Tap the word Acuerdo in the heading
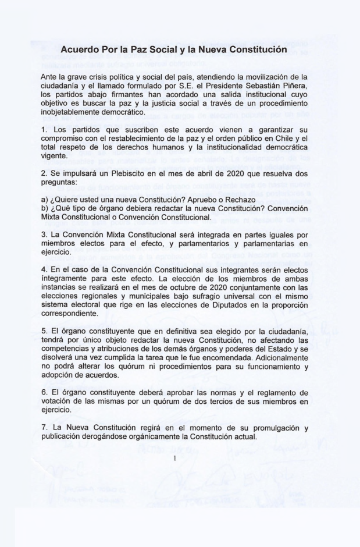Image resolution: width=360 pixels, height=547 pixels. (x=81, y=51)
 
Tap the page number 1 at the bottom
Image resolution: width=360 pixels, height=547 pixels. (x=174, y=457)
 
